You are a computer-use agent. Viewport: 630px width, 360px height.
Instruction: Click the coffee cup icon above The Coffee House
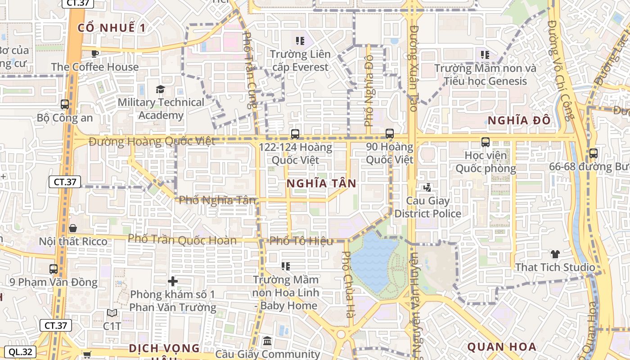(94, 54)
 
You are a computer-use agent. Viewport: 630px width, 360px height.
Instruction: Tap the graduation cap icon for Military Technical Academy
(160, 89)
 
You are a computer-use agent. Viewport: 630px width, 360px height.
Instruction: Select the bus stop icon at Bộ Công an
(65, 104)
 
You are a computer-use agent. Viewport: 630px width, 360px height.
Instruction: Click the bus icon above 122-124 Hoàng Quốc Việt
(295, 134)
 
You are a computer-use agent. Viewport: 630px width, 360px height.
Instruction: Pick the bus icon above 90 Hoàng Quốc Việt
(390, 134)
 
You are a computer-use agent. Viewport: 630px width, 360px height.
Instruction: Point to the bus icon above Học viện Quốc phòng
(486, 142)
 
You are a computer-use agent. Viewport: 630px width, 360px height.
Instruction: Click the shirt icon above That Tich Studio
(555, 254)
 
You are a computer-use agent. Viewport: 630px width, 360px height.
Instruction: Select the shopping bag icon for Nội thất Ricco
(73, 228)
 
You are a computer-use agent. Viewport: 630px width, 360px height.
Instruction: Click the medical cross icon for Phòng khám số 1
(173, 282)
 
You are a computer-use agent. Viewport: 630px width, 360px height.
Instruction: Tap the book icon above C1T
(112, 313)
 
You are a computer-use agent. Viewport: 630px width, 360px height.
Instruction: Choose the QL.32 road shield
(20, 352)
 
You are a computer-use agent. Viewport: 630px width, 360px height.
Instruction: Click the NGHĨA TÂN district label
(321, 184)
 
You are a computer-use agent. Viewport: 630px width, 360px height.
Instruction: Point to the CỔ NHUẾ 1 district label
(112, 28)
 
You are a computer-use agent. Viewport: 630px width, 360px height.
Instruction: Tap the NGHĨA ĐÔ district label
(519, 121)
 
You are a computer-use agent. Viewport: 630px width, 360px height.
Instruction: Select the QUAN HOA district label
(502, 347)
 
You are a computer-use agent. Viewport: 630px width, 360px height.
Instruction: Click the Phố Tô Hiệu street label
(301, 241)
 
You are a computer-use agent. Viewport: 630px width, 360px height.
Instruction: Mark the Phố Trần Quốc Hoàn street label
(182, 239)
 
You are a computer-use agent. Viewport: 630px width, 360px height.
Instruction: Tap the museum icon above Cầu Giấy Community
(267, 341)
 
